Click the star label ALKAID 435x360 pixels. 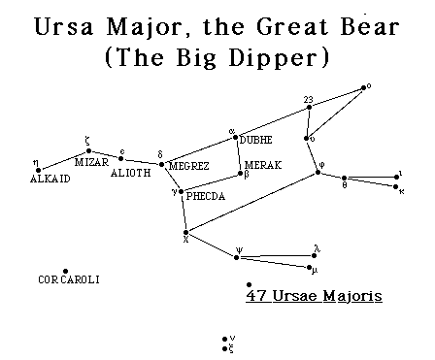[50, 180]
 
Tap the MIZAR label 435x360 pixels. [91, 162]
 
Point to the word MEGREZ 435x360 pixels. [190, 166]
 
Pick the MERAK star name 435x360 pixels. [263, 165]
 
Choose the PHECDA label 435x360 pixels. [205, 195]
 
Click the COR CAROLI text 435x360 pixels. [69, 280]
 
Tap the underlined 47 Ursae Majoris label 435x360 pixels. [315, 294]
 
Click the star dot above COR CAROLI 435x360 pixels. [65, 271]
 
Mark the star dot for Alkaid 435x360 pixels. [38, 169]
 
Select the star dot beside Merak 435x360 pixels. [241, 174]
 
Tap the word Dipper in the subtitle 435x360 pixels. [280, 56]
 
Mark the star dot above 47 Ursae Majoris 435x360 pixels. [251, 284]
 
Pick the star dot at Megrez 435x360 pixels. [162, 165]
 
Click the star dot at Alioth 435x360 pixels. [121, 159]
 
